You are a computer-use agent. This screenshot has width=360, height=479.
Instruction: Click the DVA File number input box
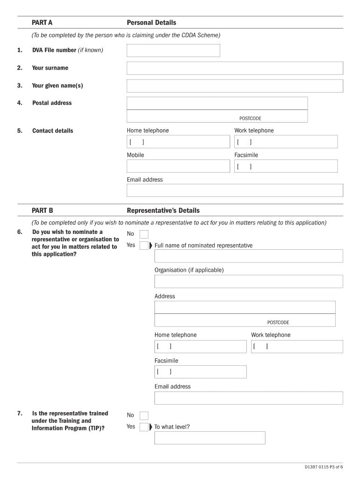click(173, 51)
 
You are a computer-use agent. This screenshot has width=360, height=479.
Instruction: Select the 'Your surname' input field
click(235, 68)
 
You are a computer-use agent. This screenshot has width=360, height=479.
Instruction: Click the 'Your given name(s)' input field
click(235, 86)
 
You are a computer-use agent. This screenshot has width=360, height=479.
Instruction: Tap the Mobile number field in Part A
click(178, 166)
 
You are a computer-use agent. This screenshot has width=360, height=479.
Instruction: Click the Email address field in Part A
click(235, 190)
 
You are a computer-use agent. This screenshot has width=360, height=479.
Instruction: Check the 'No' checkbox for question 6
click(144, 234)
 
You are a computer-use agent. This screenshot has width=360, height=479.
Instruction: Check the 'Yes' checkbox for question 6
click(144, 246)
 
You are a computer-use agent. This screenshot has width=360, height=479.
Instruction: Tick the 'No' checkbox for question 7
click(144, 416)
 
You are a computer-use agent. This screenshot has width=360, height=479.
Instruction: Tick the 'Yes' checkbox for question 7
click(144, 427)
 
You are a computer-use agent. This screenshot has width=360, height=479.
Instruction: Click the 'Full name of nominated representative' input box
click(248, 256)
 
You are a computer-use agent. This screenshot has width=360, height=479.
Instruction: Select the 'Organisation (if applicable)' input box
click(248, 282)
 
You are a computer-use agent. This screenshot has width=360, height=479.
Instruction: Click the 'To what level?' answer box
click(209, 438)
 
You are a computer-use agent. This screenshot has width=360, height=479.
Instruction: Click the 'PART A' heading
click(42, 22)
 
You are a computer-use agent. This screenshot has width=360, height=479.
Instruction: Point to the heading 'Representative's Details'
click(163, 210)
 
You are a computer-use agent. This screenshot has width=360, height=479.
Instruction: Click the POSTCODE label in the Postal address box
click(250, 119)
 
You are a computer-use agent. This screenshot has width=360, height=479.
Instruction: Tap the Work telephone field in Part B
click(297, 347)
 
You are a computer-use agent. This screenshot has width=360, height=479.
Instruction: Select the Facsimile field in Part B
click(200, 372)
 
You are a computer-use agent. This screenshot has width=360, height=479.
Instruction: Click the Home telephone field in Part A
click(178, 142)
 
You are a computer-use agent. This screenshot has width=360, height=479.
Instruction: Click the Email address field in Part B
click(248, 398)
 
